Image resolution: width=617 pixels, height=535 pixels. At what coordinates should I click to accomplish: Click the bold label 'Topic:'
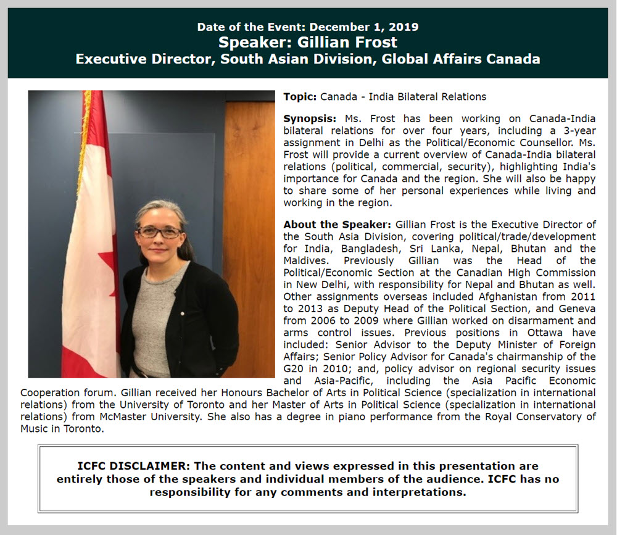click(x=300, y=97)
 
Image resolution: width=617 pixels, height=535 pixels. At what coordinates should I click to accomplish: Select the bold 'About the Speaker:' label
click(x=337, y=225)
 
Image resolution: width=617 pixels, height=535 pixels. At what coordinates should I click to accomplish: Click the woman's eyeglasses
click(x=160, y=232)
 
